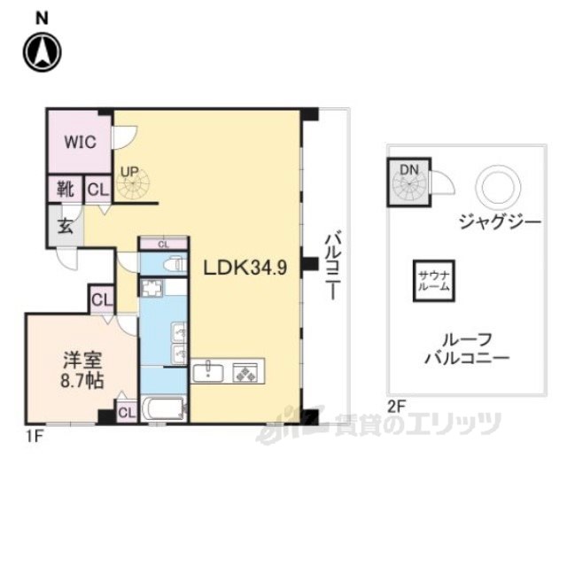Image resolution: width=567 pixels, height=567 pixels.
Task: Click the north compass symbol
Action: click(42, 52)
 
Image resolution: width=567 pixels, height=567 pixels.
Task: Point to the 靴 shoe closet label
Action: click(65, 190)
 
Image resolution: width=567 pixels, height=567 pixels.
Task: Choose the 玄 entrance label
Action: click(66, 224)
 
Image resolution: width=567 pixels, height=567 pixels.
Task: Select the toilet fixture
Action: click(174, 263)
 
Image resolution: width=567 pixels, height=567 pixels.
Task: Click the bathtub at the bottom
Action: click(163, 410)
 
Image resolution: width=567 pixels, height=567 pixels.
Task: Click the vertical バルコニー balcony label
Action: click(333, 266)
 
